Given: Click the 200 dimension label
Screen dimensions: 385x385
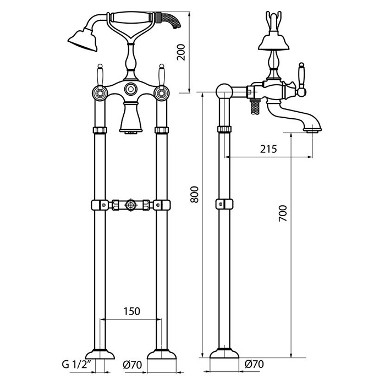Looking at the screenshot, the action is coord(181,52).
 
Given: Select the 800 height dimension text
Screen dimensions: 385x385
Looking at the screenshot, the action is coord(195,195).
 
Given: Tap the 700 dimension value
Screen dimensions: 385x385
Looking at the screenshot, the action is coord(283,213).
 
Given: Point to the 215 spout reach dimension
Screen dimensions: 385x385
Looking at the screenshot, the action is coord(268,149).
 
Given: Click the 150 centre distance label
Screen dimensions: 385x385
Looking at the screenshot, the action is coord(131,311).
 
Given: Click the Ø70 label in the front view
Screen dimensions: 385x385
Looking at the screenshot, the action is coord(133,365).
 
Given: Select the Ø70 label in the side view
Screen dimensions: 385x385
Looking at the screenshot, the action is coord(254,364).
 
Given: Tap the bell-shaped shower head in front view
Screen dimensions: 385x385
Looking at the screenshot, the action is coord(82,40).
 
